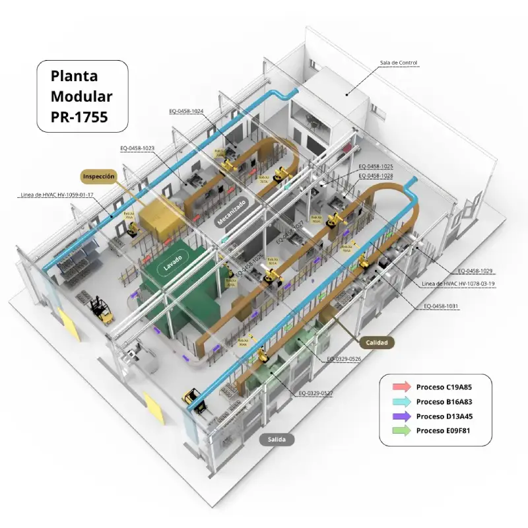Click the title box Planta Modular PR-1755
coord(81,96)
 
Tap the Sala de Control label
coord(398,63)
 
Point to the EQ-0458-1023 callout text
coord(137,148)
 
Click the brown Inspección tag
coord(99,176)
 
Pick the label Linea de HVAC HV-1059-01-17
coord(57,195)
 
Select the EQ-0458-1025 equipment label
coord(376,167)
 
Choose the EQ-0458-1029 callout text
coord(476,271)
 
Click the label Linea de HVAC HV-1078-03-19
coord(457,283)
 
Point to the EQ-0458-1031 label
coord(441,306)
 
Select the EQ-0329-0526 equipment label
coord(344,359)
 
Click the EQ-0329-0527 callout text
coord(315,393)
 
